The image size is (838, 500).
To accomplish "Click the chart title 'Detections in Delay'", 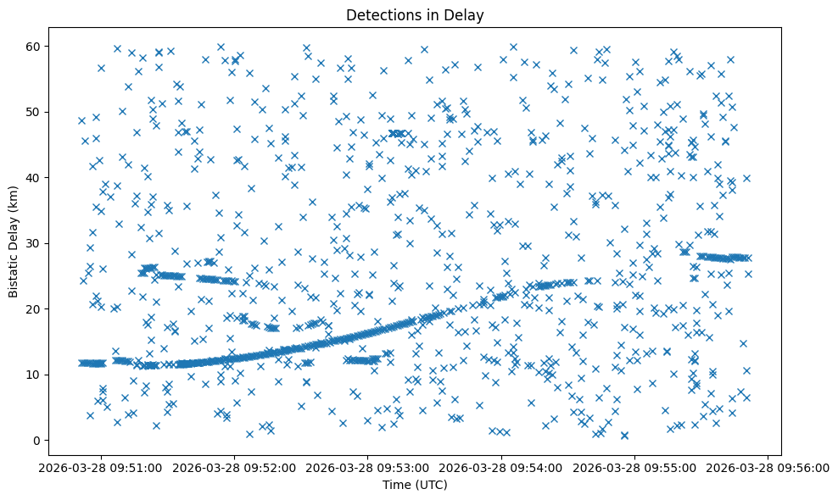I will click(415, 14).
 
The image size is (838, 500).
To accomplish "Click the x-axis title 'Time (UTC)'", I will click(415, 486).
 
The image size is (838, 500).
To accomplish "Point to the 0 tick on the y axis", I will click(37, 440).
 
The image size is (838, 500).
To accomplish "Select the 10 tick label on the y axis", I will click(34, 375).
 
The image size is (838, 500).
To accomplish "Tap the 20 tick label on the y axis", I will click(34, 308).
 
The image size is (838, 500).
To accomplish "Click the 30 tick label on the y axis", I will click(34, 243).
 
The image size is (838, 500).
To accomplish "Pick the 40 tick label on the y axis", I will click(34, 177).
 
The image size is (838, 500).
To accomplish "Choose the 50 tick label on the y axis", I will click(34, 112).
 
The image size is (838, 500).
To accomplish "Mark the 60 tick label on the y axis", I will click(34, 46).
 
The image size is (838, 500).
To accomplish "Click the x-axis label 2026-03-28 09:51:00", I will click(102, 468).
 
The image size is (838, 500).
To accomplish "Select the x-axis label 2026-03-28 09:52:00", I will click(235, 468).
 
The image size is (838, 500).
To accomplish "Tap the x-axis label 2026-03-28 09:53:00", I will click(368, 468).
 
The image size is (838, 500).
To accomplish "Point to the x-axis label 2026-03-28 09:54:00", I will click(501, 468).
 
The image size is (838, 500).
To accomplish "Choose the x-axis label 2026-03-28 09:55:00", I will click(634, 468).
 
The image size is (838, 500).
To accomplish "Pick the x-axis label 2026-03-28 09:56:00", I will click(768, 468).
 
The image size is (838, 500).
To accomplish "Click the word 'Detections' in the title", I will click(379, 14).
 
